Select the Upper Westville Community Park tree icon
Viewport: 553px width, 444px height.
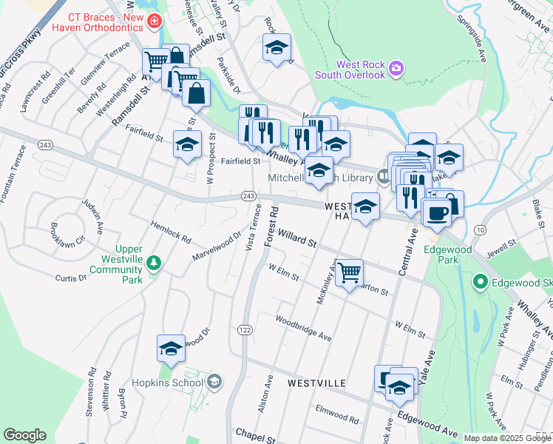(154, 262)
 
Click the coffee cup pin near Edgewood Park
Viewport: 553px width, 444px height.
(436, 213)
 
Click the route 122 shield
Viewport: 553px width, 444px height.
(244, 329)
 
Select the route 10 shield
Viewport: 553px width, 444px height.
(481, 231)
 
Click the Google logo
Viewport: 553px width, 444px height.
(24, 435)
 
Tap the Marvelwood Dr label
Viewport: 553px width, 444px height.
(217, 246)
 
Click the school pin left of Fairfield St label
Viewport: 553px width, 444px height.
(187, 144)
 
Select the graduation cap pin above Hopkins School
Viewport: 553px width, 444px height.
(171, 349)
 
